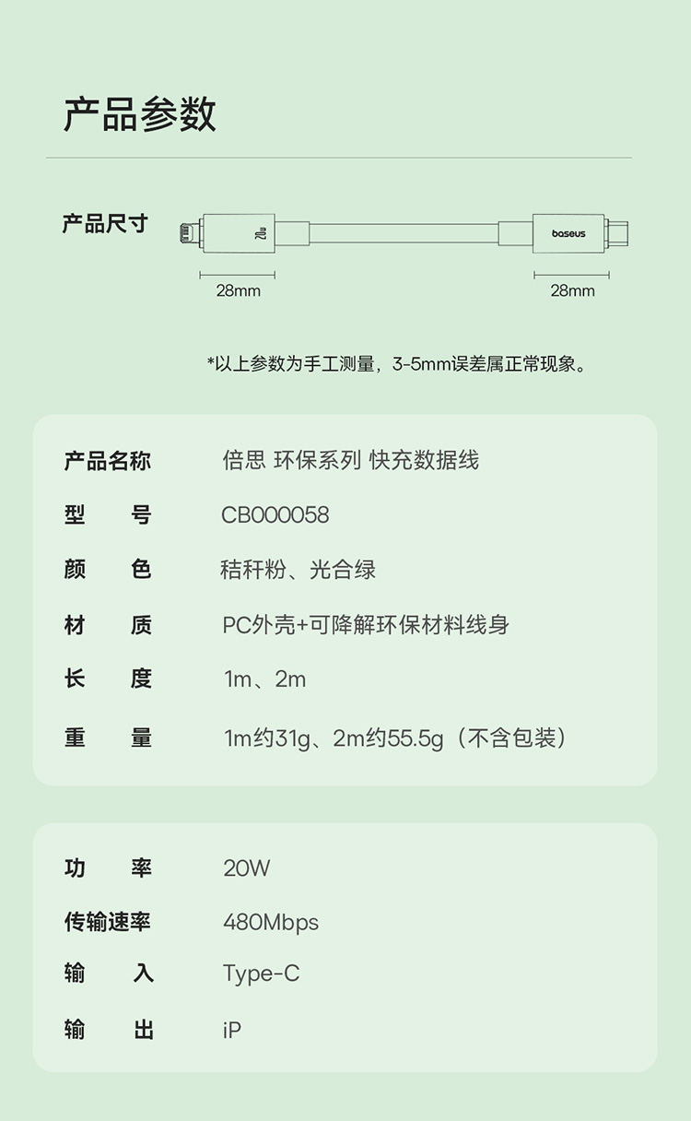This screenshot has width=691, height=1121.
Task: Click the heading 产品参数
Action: pos(140,114)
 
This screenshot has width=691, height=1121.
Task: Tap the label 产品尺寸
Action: pos(104,224)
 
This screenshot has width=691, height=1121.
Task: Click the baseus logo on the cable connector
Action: pos(568,234)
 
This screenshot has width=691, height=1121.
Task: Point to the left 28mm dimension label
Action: pos(238,291)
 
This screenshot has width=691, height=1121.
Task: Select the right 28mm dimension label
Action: pos(572,291)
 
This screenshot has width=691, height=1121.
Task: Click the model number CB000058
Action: pos(275,514)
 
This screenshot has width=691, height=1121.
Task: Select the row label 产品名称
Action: pos(107,461)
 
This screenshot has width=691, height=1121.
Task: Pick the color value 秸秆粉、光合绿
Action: pos(299,570)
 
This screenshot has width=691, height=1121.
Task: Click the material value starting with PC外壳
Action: pos(366,625)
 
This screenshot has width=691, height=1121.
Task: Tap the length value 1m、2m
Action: pos(264,680)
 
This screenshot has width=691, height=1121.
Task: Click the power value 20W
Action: pos(246,867)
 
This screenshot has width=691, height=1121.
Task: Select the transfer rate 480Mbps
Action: pos(271,922)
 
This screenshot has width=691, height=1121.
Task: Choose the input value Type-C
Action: pos(261,973)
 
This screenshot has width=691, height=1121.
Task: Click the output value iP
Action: pos(231,1029)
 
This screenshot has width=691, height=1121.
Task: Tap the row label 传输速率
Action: pos(107,922)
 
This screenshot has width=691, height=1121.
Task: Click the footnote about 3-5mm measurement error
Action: pos(396,364)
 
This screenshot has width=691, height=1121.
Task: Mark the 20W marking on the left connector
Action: pos(260,234)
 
